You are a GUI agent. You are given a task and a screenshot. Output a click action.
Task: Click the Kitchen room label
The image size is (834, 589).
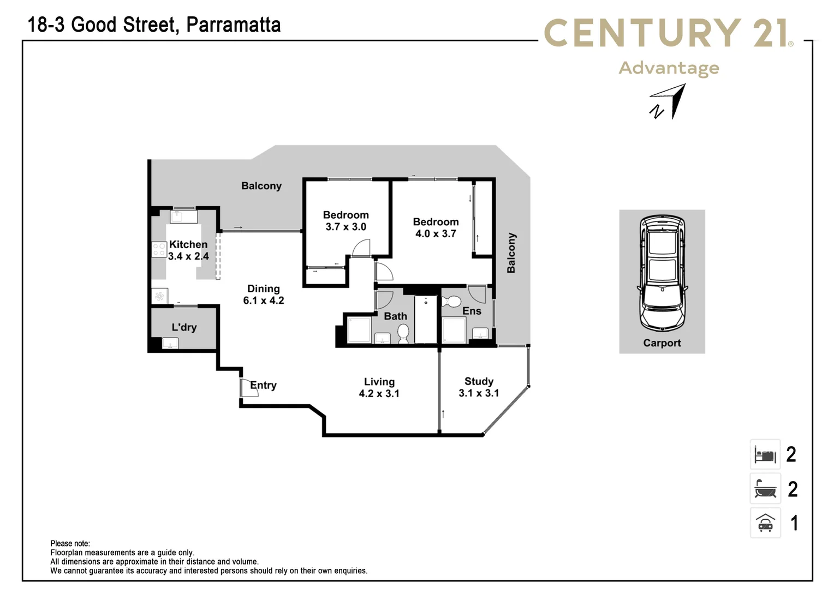pos(188,244)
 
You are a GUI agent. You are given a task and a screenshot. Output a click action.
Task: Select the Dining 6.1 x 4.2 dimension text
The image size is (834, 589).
pos(264,300)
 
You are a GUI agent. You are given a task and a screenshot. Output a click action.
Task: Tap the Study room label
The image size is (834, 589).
pos(479,381)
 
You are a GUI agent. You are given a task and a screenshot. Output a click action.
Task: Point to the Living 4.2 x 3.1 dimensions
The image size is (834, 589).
pos(379,394)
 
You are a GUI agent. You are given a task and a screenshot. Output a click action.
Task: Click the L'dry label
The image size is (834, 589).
pos(184,327)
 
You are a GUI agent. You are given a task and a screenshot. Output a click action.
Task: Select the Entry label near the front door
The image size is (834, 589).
pos(263,385)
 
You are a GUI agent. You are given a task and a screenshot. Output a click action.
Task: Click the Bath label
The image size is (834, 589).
pos(395,316)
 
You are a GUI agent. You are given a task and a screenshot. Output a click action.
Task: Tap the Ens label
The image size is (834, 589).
pos(472,311)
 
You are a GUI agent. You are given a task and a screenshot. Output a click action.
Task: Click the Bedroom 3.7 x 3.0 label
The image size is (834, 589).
pos(345,221)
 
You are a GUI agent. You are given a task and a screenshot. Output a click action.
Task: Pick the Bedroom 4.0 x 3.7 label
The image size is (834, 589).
pos(436,227)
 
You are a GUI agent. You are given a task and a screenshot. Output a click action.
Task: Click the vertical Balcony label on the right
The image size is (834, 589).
pos(511,253)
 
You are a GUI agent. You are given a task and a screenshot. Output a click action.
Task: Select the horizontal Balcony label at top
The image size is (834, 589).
pos(261,186)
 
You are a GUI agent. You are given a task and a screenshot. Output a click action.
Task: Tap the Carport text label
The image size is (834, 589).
pos(662,343)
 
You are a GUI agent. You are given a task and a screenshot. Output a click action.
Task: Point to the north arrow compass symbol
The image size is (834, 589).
pos(669,102)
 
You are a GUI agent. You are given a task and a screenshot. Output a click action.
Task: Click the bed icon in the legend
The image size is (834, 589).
pos(765,454)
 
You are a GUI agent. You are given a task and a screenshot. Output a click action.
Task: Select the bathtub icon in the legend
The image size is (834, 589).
pos(765,489)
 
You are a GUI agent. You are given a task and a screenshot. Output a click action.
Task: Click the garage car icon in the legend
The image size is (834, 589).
pos(765,523)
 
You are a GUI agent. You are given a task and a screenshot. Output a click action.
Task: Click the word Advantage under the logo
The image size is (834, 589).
pos(669,68)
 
